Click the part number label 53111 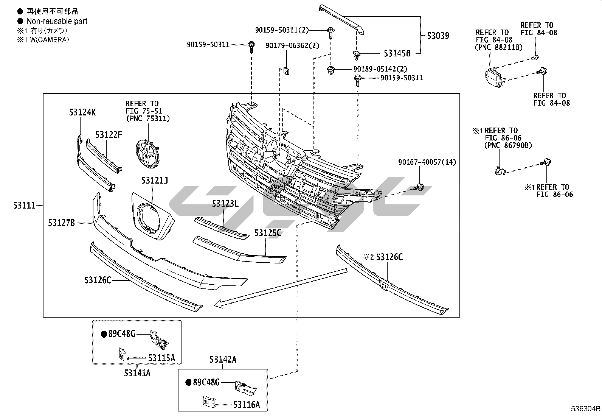coord(24,206)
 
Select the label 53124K coord(82,112)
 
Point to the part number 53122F coord(109,134)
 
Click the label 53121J coord(154,181)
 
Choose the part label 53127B coord(61,223)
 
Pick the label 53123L coord(225,204)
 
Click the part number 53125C coord(267,233)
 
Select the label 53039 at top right coord(438,36)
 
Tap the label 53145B coord(397,53)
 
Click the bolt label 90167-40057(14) coord(427,162)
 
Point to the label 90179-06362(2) coord(292,45)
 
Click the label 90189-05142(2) coord(380,69)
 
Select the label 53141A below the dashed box coord(137,373)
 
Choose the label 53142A coord(223,359)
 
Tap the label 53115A coord(161,358)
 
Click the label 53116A coord(247,405)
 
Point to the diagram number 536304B coord(585,409)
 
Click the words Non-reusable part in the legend coord(57,21)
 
